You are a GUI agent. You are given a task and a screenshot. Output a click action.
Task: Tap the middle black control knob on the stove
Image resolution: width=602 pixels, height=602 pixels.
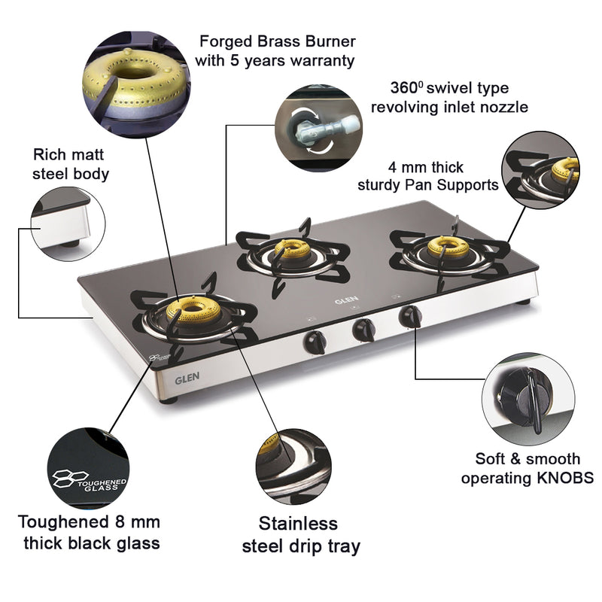point(363,328)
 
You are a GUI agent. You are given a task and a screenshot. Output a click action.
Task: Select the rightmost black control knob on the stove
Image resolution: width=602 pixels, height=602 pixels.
point(410,315)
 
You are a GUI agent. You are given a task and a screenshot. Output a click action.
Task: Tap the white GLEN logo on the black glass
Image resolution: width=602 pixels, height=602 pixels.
point(343,299)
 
